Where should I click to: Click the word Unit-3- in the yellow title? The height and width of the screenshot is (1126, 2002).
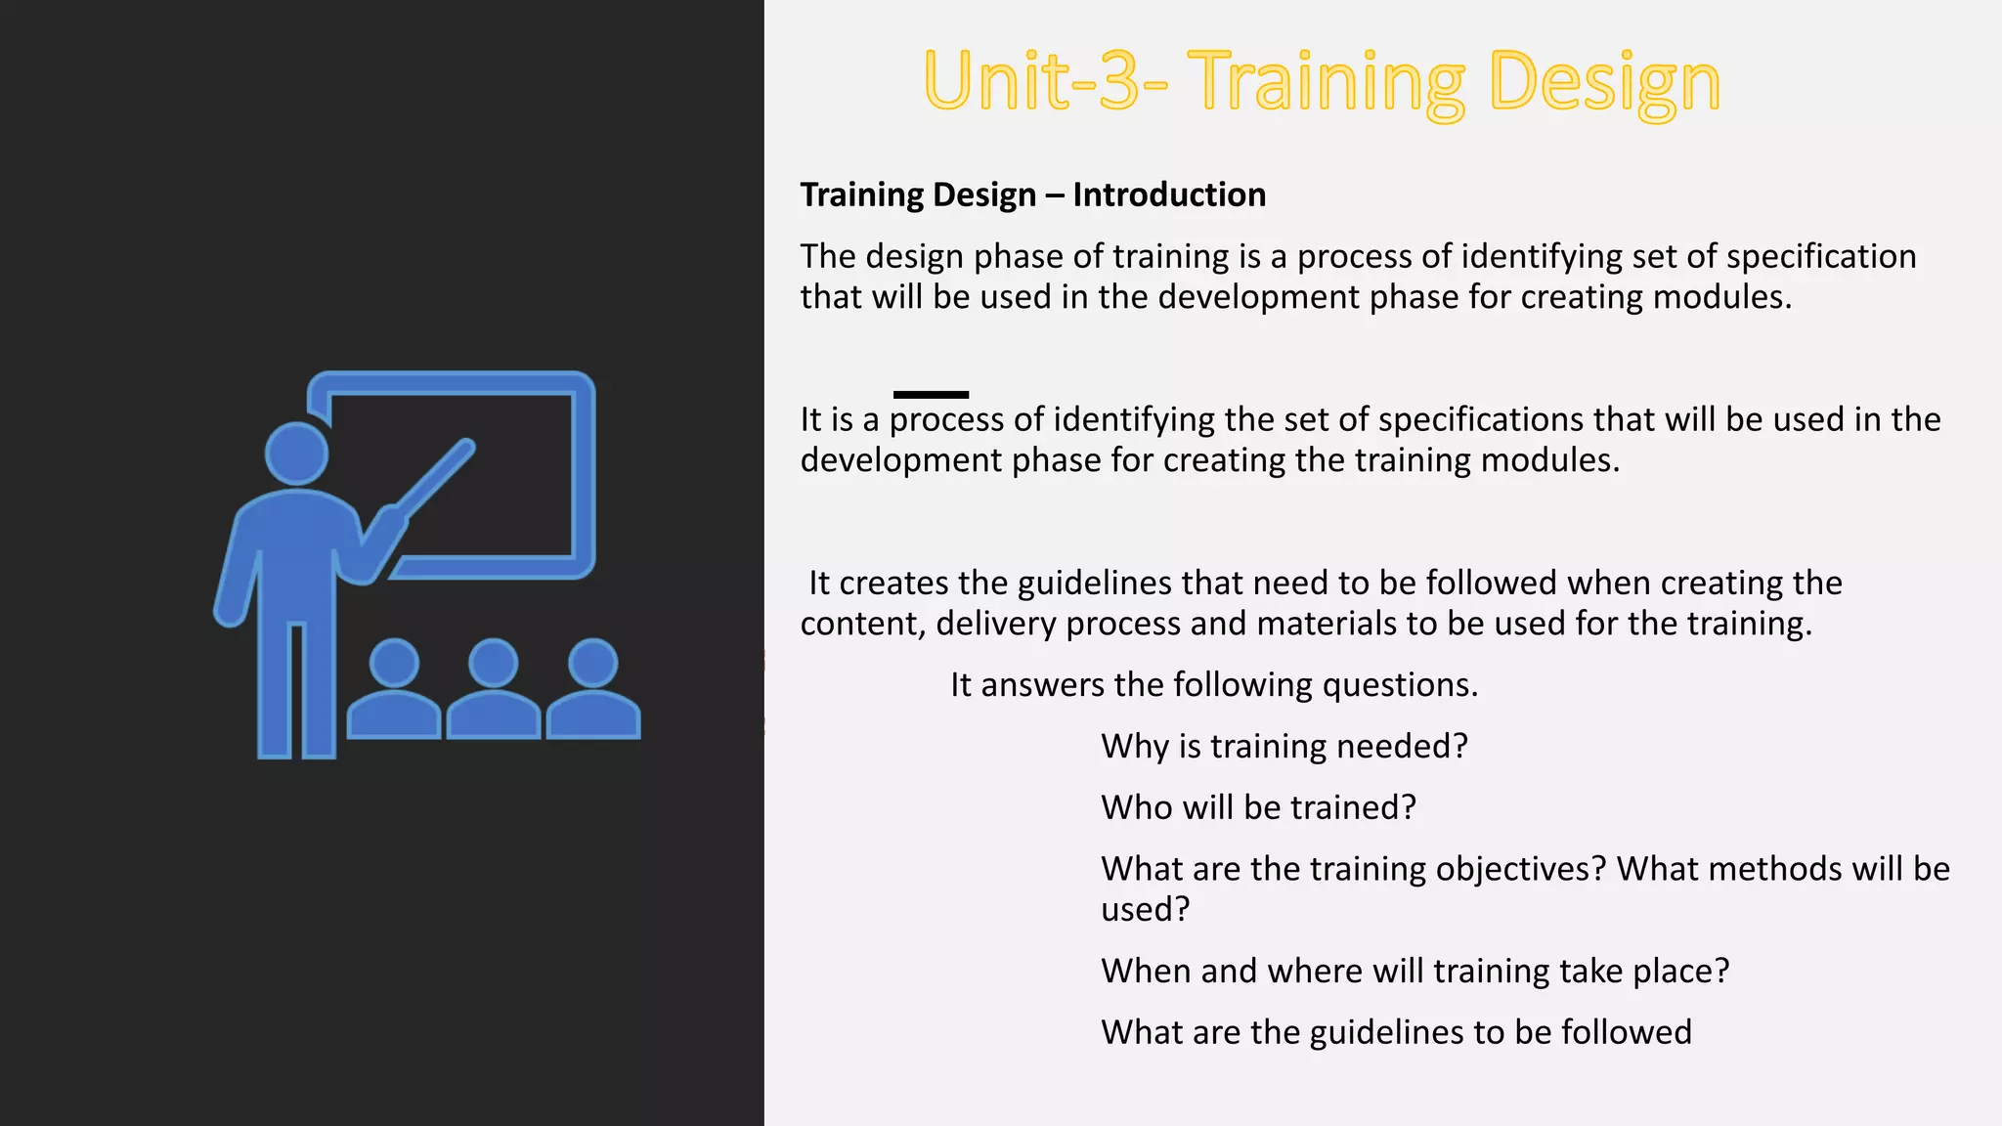pyautogui.click(x=1044, y=81)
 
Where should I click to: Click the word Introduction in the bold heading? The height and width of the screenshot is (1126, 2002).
pyautogui.click(x=1168, y=195)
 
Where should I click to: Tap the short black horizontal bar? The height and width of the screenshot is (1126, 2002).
pyautogui.click(x=931, y=395)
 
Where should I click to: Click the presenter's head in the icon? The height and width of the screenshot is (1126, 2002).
pyautogui.click(x=296, y=454)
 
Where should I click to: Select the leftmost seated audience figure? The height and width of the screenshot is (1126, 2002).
pyautogui.click(x=394, y=689)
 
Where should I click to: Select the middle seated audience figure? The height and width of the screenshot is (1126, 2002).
pyautogui.click(x=494, y=689)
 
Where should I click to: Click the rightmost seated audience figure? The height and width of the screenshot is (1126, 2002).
pyautogui.click(x=593, y=689)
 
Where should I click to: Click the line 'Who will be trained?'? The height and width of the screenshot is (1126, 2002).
pyautogui.click(x=1258, y=807)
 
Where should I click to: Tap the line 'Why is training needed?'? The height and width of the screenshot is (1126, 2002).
pyautogui.click(x=1284, y=746)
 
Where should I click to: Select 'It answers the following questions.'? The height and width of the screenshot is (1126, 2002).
pyautogui.click(x=1213, y=684)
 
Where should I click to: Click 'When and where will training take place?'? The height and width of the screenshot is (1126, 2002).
pyautogui.click(x=1414, y=971)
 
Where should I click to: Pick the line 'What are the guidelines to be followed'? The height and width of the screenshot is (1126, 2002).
pyautogui.click(x=1396, y=1032)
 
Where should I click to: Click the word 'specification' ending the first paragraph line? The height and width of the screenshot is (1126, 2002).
pyautogui.click(x=1820, y=256)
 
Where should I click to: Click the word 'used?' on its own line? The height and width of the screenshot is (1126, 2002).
pyautogui.click(x=1145, y=910)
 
